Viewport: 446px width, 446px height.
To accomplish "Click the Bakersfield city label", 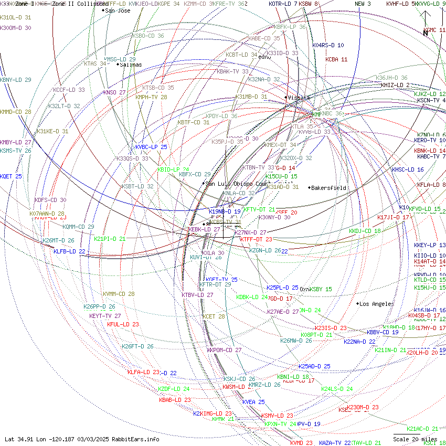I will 328,188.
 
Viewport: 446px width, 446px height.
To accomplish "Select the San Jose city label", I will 118,10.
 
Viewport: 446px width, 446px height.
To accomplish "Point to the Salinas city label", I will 131,65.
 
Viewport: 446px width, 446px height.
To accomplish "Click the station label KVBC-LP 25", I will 151,147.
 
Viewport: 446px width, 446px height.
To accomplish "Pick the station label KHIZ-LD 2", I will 395,85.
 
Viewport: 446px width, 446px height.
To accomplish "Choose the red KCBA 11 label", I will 336,59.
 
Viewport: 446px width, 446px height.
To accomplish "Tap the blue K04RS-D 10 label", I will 328,45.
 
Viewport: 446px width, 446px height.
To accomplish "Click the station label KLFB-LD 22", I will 69,251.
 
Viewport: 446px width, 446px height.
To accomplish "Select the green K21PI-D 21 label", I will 110,239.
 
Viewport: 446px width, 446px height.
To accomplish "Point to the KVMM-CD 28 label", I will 119,294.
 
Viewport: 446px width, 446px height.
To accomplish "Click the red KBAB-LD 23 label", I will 175,400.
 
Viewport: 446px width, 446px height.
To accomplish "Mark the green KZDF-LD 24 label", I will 174,389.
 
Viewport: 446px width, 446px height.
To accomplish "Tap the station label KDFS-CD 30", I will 50,200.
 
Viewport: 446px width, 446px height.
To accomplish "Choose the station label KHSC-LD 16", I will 408,169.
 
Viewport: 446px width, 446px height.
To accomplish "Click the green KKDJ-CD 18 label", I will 365,231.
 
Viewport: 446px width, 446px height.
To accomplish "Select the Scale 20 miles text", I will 415,439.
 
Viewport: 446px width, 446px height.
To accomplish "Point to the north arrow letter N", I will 426,33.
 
